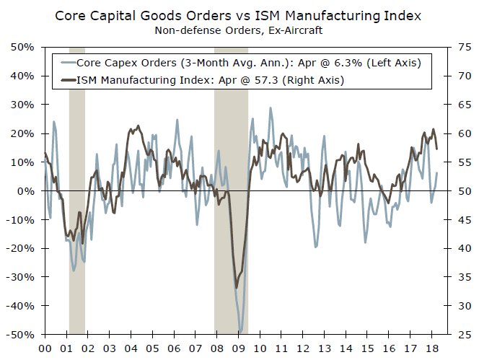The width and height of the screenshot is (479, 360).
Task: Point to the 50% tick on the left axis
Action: point(22,47)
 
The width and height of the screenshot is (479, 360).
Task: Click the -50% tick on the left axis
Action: point(20,335)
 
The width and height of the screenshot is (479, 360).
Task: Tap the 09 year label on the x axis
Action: point(239,347)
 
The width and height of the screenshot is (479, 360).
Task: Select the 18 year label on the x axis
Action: point(434,347)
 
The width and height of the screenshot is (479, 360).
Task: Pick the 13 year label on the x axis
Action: point(326,347)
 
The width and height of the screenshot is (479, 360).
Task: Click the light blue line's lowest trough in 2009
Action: point(241,330)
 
